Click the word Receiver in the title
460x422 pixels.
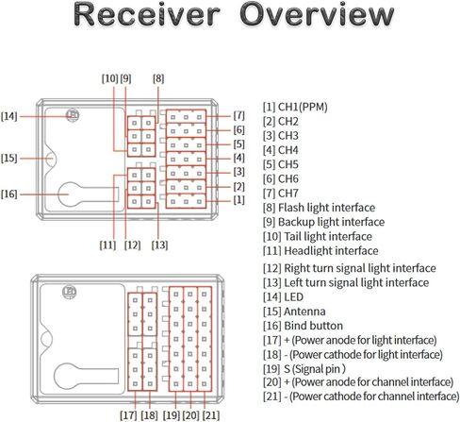(x=146, y=15)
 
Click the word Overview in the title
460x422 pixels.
(x=317, y=15)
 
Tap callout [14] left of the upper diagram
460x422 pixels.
(x=8, y=116)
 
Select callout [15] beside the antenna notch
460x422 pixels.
(x=8, y=158)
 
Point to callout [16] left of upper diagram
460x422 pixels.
(x=8, y=194)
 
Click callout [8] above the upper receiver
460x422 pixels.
(x=158, y=78)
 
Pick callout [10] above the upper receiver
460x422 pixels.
(x=109, y=78)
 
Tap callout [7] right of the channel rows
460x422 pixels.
(x=238, y=115)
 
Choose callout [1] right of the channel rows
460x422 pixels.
(x=238, y=199)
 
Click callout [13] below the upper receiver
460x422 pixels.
(x=159, y=245)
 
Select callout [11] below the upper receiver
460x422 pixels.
(x=107, y=245)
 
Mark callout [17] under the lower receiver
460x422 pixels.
(x=128, y=415)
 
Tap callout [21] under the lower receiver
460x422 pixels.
(x=211, y=415)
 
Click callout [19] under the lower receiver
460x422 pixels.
(x=172, y=415)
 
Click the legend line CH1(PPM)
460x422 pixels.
(x=295, y=107)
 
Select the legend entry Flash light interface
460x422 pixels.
(x=319, y=208)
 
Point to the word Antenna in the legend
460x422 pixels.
(x=304, y=312)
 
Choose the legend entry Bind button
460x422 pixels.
(x=303, y=326)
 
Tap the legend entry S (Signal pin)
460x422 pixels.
(x=304, y=369)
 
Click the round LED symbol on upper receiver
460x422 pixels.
(x=73, y=115)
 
